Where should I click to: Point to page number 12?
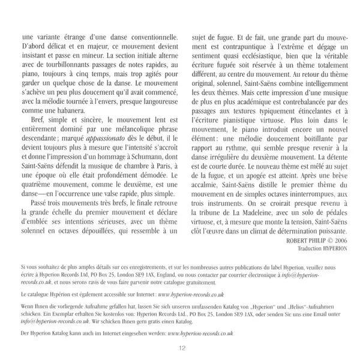coord(180,347)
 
